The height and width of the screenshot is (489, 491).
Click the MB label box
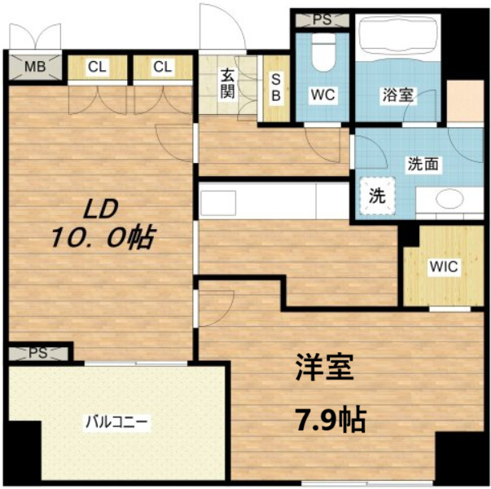[33, 66]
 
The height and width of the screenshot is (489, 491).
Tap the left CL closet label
[97, 66]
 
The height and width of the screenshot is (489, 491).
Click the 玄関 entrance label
[227, 82]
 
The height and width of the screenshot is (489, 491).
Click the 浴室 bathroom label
[398, 95]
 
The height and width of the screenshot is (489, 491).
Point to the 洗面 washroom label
[423, 163]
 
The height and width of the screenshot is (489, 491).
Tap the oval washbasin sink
[449, 198]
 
